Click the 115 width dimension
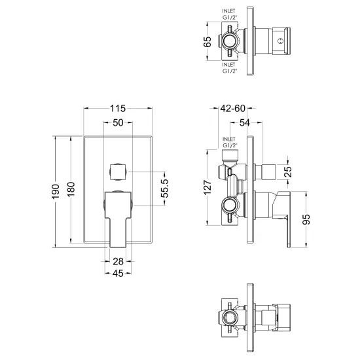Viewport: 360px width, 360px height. [x=118, y=109]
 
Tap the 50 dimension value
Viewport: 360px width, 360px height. [x=118, y=123]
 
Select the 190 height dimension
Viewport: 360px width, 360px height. [x=56, y=192]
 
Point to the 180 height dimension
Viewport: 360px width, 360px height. [x=71, y=189]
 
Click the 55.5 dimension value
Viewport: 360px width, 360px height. [x=164, y=189]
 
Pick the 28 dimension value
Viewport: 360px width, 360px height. [x=118, y=261]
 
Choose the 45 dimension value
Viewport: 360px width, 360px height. [x=118, y=273]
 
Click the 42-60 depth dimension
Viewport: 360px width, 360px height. [x=233, y=109]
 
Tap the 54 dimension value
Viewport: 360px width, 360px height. [x=245, y=123]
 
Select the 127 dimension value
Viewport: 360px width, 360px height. [x=207, y=188]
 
